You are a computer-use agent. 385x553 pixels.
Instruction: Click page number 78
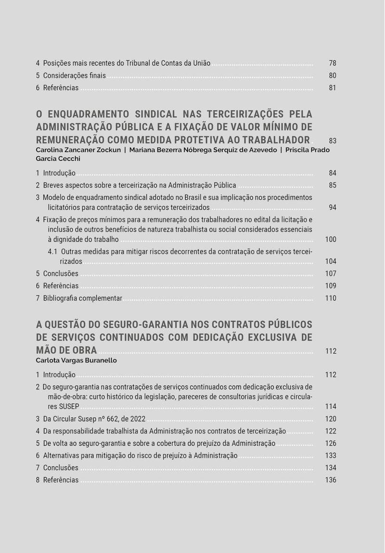pyautogui.click(x=333, y=63)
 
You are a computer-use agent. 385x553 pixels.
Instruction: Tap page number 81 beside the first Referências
pyautogui.click(x=333, y=88)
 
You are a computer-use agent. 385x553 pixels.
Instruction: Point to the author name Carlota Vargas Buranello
pyautogui.click(x=76, y=360)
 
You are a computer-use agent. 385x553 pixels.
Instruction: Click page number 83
pyautogui.click(x=333, y=141)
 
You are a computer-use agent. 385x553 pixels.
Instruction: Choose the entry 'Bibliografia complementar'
pyautogui.click(x=82, y=298)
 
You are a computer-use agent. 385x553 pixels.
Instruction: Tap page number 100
pyautogui.click(x=331, y=239)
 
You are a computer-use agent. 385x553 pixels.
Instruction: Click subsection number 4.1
pyautogui.click(x=53, y=251)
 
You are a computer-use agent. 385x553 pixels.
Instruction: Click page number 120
pyautogui.click(x=331, y=419)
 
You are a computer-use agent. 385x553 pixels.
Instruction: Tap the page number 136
pyautogui.click(x=331, y=480)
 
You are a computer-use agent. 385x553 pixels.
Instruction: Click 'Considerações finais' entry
pyautogui.click(x=75, y=76)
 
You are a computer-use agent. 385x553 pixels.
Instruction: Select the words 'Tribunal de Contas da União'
pyautogui.click(x=168, y=63)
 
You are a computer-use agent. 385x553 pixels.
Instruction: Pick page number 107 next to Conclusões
pyautogui.click(x=331, y=273)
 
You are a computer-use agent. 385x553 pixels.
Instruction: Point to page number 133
pyautogui.click(x=331, y=455)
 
